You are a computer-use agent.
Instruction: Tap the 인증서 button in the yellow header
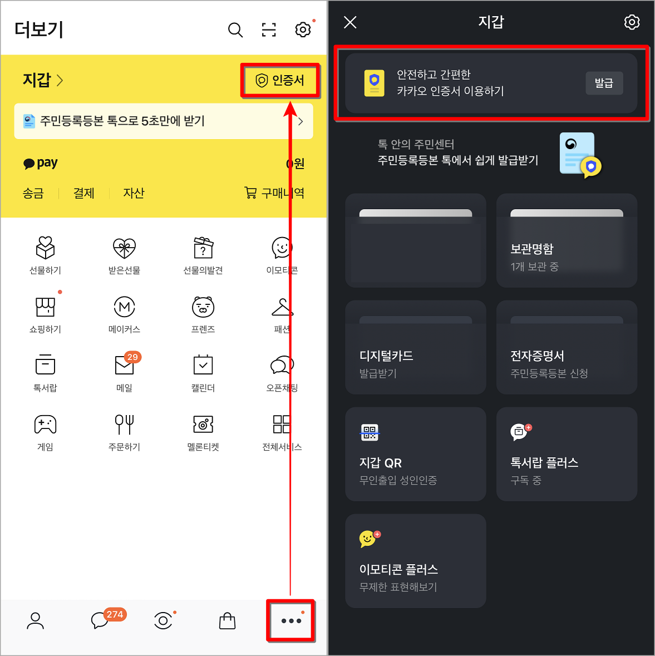click(x=280, y=81)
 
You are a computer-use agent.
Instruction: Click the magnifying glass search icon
click(x=235, y=30)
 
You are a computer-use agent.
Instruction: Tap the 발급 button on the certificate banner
click(x=604, y=83)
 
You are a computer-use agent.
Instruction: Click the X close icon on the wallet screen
click(x=350, y=22)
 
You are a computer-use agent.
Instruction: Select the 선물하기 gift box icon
click(x=45, y=248)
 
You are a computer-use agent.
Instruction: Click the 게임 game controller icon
click(x=45, y=424)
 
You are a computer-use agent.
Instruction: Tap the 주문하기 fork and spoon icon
click(x=125, y=424)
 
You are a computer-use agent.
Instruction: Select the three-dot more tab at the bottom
click(x=291, y=620)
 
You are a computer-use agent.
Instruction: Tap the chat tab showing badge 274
click(x=101, y=620)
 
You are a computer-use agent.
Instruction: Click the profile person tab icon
click(x=35, y=620)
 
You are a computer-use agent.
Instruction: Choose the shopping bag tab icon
click(x=227, y=620)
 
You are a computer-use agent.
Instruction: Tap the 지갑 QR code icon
click(x=370, y=432)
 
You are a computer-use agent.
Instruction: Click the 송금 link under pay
click(x=33, y=193)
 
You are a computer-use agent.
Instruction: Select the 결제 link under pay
click(x=84, y=193)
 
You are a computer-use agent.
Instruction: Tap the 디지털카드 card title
click(x=386, y=356)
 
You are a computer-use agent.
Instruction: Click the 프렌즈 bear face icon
click(x=203, y=307)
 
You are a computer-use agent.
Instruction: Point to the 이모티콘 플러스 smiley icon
click(x=368, y=539)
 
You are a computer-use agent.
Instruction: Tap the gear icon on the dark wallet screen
click(x=632, y=22)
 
